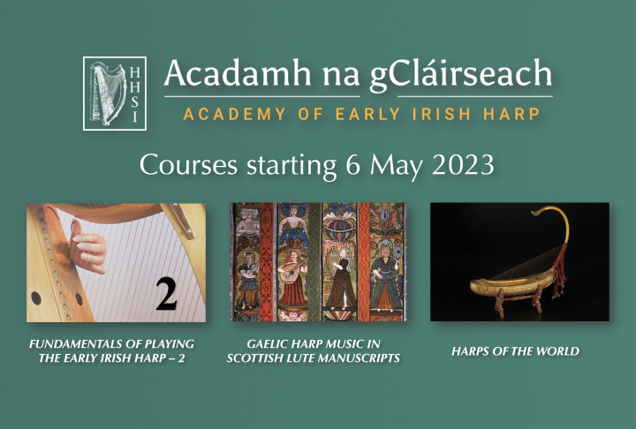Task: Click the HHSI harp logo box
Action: pos(115,94)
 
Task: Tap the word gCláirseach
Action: pos(461,75)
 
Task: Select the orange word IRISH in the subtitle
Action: pos(442,114)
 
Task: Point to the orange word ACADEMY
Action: pos(234,114)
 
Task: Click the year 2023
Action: pos(463,165)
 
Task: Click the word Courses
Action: pos(189,165)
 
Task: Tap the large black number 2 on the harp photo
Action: pos(166,294)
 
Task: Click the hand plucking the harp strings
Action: pos(88,249)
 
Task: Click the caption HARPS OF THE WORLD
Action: pos(516,351)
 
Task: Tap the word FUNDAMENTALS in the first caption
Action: pos(76,344)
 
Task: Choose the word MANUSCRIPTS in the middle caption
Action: pos(357,358)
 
